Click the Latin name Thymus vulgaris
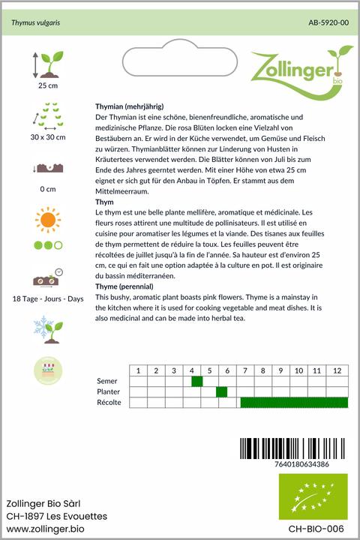pyautogui.click(x=35, y=23)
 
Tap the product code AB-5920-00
pyautogui.click(x=328, y=23)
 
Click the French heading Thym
pyautogui.click(x=104, y=202)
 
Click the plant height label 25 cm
pyautogui.click(x=47, y=86)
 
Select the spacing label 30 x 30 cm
pyautogui.click(x=48, y=137)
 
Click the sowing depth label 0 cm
pyautogui.click(x=48, y=188)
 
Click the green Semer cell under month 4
pyautogui.click(x=197, y=382)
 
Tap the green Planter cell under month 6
pyautogui.click(x=221, y=392)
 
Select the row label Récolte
pyautogui.click(x=109, y=403)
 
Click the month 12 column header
pyautogui.click(x=337, y=370)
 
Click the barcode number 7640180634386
pyautogui.click(x=293, y=464)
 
